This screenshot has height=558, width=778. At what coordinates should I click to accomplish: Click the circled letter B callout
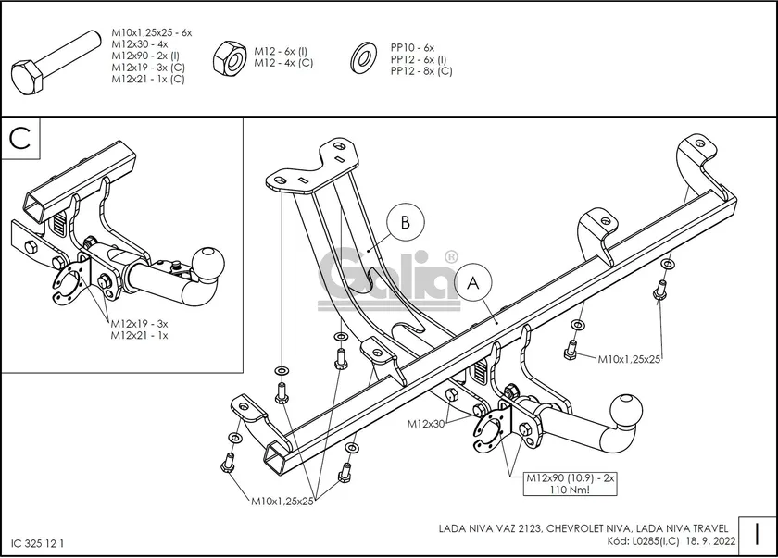point(405,223)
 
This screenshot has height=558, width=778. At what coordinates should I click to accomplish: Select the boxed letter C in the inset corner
point(20,138)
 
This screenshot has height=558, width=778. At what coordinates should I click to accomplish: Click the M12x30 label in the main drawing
point(427,424)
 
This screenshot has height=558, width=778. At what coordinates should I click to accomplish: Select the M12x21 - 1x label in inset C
point(139,335)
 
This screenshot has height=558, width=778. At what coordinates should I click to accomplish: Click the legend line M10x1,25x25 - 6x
point(151,32)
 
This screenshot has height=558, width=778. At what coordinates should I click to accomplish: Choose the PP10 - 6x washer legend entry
point(412,47)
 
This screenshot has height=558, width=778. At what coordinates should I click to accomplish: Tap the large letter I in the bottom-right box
point(757,534)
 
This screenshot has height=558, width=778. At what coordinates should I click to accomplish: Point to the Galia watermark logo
point(389,276)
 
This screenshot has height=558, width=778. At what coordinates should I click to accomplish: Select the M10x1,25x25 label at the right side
point(629,358)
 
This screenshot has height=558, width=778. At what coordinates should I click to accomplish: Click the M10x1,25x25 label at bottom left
point(282,501)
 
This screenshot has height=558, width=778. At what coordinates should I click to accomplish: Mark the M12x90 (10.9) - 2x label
point(571,477)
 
